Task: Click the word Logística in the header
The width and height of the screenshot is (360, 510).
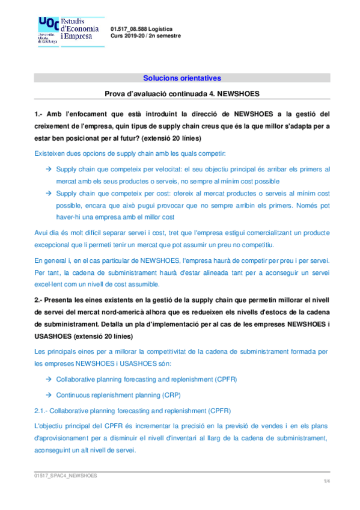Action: tap(160, 29)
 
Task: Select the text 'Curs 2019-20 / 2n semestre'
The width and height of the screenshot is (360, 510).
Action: tap(145, 36)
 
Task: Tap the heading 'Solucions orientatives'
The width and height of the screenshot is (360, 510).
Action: tap(182, 78)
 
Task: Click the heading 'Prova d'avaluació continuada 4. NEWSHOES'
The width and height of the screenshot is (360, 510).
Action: tap(182, 94)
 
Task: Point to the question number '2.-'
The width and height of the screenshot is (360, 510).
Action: tap(39, 300)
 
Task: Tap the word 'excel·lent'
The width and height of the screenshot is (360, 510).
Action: tap(50, 284)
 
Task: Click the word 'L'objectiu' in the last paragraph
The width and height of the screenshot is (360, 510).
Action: tap(50, 426)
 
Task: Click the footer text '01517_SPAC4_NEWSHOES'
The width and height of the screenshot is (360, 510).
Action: tap(66, 475)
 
